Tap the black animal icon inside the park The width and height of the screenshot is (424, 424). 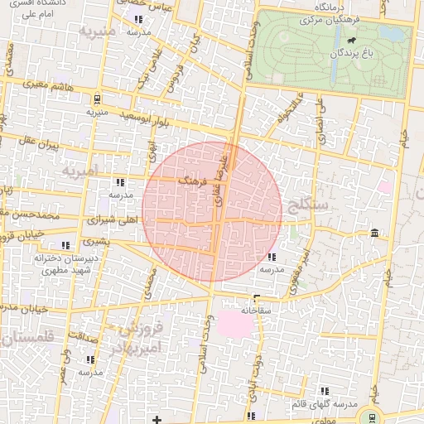352,40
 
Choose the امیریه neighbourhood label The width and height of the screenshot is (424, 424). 79,170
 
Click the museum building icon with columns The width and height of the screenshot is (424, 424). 376,232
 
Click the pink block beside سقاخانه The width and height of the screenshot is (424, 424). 235,323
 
